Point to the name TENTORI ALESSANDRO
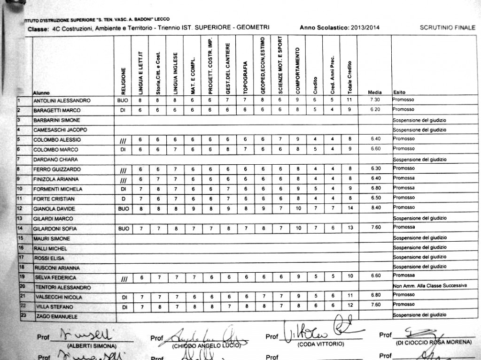(x=62, y=287)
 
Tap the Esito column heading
(x=399, y=92)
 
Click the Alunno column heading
(x=41, y=93)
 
